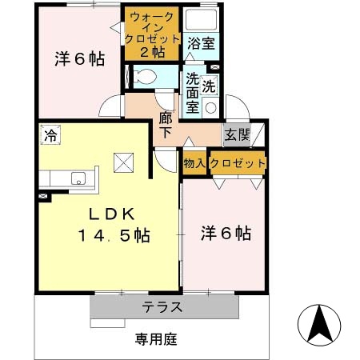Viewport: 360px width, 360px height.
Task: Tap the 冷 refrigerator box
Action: (50, 135)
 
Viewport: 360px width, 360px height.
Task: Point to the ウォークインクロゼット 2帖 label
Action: (152, 34)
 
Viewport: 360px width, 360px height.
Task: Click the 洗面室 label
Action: (193, 91)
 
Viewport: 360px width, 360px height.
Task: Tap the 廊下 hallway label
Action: (166, 125)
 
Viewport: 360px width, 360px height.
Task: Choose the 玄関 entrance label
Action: (236, 134)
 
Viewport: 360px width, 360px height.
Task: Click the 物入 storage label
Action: (194, 162)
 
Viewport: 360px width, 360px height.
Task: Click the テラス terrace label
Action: (163, 307)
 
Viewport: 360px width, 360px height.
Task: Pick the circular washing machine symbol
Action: (211, 106)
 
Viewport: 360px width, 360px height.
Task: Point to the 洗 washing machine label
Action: (210, 85)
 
